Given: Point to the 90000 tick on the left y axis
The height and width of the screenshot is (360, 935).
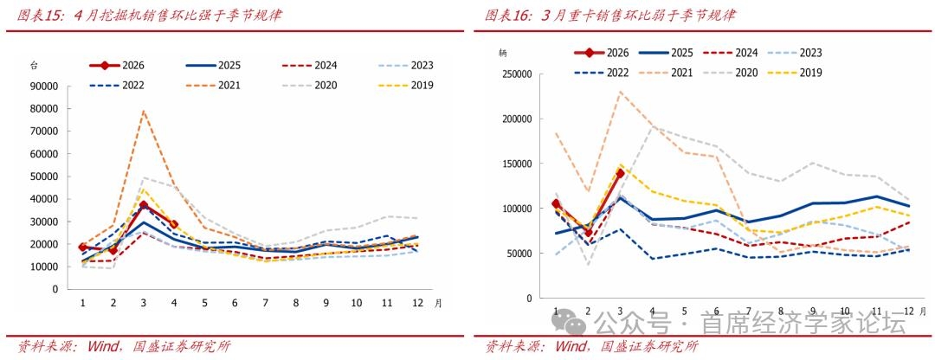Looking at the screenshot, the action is tap(45, 86).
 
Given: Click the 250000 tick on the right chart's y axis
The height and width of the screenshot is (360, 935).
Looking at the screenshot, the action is tap(516, 74).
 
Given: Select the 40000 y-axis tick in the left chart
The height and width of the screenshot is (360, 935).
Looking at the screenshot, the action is tap(45, 199).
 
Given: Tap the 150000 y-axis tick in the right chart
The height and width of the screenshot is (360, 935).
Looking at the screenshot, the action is tap(516, 164).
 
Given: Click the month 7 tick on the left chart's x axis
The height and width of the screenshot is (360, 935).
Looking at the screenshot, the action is tap(266, 304).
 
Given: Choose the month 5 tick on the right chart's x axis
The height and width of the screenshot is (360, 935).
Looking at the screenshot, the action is tap(684, 312).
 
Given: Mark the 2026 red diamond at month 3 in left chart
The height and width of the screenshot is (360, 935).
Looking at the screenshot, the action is tap(143, 204).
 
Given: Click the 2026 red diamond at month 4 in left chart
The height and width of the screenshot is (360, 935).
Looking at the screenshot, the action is tap(173, 224).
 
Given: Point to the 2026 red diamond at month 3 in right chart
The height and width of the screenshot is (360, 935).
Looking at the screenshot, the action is tap(620, 173).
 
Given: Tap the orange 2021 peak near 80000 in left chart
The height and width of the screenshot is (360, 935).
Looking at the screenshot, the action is tap(143, 110).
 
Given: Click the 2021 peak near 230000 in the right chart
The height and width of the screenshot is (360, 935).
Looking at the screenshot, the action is tap(620, 92).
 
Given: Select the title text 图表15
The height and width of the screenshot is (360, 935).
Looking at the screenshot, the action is tap(39, 16).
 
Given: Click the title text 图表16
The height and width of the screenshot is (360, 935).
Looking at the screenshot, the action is tap(507, 16).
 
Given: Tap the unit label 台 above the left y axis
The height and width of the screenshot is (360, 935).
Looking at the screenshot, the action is tap(34, 66).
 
